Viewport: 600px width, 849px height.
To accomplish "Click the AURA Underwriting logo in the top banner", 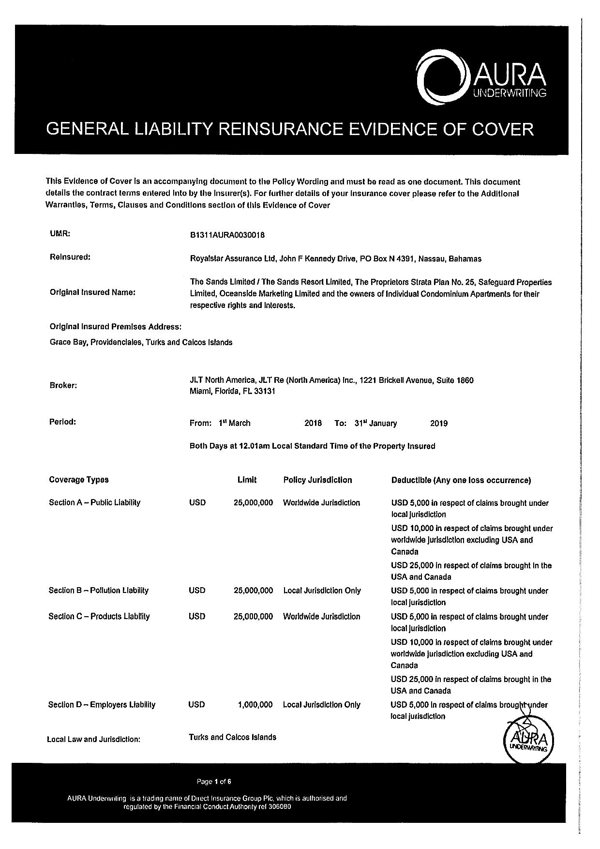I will tap(481, 79).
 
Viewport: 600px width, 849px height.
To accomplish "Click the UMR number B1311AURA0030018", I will tap(227, 235).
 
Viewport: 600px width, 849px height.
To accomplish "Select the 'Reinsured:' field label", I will tap(70, 257).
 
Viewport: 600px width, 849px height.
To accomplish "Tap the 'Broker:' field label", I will tap(63, 386).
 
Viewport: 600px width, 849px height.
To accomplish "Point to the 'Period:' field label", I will tap(63, 422).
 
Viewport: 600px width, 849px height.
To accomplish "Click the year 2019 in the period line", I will tap(438, 424).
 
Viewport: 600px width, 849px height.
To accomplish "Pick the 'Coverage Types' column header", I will tap(79, 480).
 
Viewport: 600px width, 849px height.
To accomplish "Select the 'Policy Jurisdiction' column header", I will tap(317, 480).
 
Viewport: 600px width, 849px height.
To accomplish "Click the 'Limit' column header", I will tap(247, 480).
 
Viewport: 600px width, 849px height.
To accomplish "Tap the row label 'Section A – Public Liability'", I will tap(94, 502).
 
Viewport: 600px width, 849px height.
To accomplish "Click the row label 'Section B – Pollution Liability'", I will tap(98, 591).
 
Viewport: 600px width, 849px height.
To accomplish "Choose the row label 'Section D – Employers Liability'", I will tap(102, 705).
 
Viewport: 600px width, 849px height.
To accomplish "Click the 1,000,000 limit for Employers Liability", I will tap(255, 705).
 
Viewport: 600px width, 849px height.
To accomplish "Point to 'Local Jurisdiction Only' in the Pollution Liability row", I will tap(322, 591).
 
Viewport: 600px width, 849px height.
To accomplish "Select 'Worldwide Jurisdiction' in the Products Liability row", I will tap(321, 617).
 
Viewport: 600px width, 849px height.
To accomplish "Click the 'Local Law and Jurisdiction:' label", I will tap(93, 739).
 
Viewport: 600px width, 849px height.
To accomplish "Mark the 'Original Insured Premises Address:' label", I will tap(116, 327).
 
